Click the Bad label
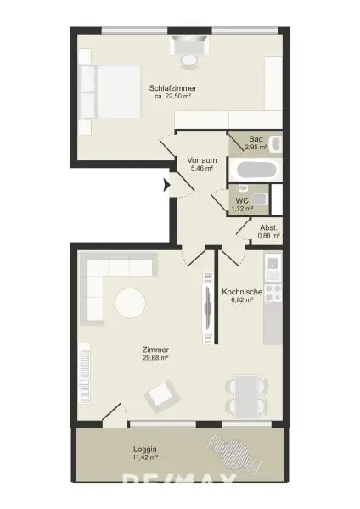click(256, 139)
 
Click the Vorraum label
click(202, 160)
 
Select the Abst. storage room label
click(269, 227)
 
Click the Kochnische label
click(242, 292)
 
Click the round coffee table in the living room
click(130, 303)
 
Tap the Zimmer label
click(155, 350)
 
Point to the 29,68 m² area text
click(155, 358)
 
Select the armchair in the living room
click(162, 394)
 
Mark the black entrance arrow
click(167, 183)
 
